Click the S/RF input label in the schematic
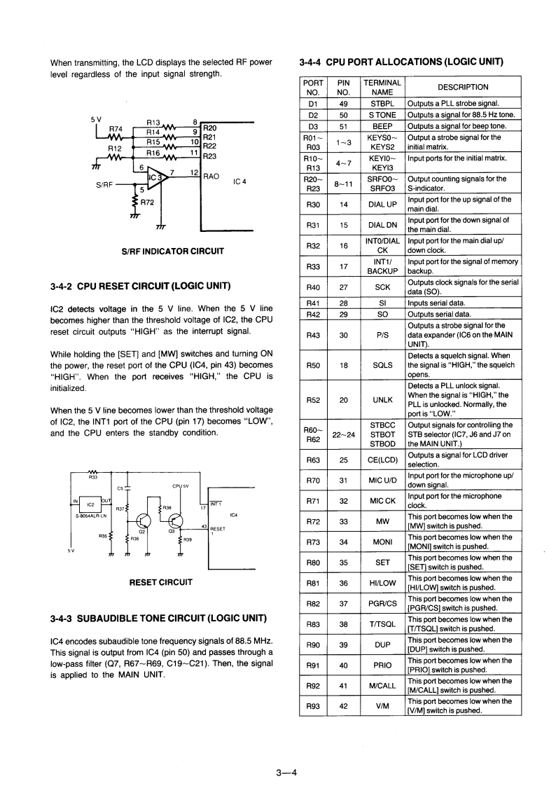tap(105, 186)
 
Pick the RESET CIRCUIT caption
tap(161, 581)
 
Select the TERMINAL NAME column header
tap(382, 87)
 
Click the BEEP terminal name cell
tap(382, 126)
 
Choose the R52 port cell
tap(312, 399)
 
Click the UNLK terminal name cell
tap(382, 399)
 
